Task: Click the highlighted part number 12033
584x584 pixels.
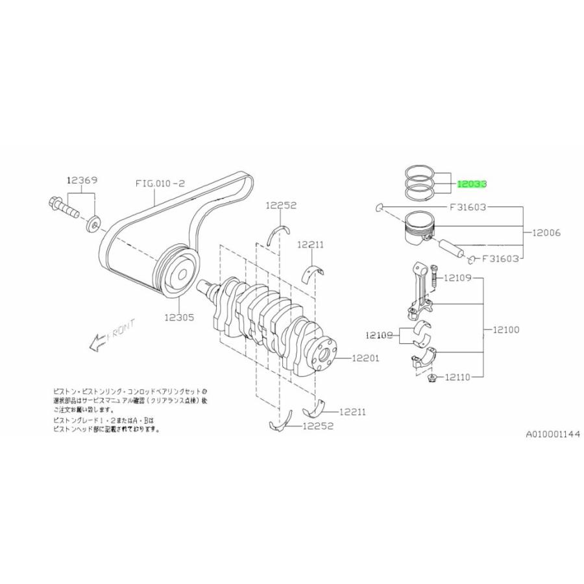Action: pyautogui.click(x=472, y=184)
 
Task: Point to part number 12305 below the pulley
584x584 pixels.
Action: pyautogui.click(x=179, y=317)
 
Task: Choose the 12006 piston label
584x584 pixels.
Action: pyautogui.click(x=546, y=232)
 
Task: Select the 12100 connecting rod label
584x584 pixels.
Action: pyautogui.click(x=505, y=330)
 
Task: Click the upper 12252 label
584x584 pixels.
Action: pyautogui.click(x=280, y=206)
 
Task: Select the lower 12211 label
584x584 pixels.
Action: pyautogui.click(x=352, y=411)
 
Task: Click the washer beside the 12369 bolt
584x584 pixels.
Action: pyautogui.click(x=94, y=225)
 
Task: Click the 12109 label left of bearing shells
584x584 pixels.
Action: pyautogui.click(x=380, y=335)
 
